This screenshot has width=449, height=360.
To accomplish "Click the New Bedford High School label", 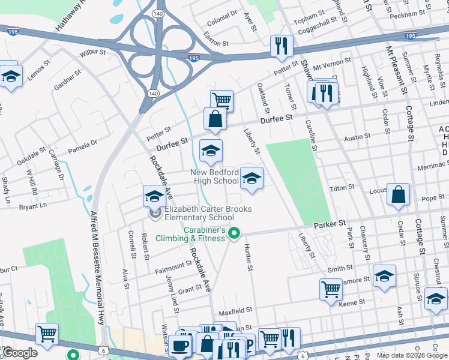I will (214, 176).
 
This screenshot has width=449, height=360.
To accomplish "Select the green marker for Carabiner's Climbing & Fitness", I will (235, 234).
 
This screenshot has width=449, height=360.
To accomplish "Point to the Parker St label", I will (330, 223).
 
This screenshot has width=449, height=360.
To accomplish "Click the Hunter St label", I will (247, 256).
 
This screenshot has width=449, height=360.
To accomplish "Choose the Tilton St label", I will (342, 188).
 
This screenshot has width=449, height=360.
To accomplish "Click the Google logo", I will (20, 353).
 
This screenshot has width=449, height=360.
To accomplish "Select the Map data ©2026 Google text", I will (412, 355).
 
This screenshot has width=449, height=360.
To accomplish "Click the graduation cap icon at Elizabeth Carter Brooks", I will (154, 196).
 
